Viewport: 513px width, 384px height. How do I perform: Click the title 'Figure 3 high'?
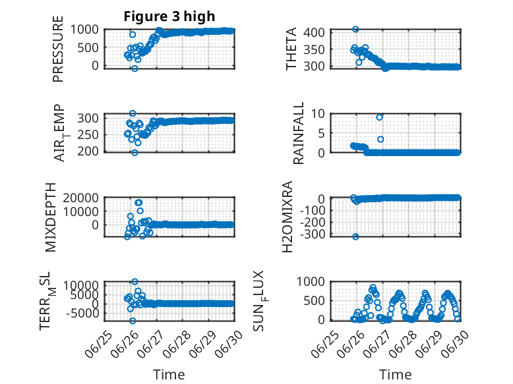pyautogui.click(x=169, y=16)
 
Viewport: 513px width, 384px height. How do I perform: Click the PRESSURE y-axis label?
pyautogui.click(x=57, y=49)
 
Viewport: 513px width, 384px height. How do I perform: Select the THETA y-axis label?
pyautogui.click(x=291, y=49)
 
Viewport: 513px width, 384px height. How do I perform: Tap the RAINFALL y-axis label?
pyautogui.click(x=299, y=133)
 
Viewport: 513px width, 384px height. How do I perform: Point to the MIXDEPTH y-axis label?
pyautogui.click(x=51, y=217)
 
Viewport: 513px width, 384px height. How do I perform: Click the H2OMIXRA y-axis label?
pyautogui.click(x=287, y=217)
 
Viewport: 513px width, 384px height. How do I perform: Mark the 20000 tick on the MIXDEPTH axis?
pyautogui.click(x=81, y=198)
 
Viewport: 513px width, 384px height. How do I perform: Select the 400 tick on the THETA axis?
pyautogui.click(x=314, y=32)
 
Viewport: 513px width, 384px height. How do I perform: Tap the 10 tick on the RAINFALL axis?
pyautogui.click(x=318, y=114)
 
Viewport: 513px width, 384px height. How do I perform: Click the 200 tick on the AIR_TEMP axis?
pyautogui.click(x=88, y=151)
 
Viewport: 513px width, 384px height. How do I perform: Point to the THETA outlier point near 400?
pyautogui.click(x=355, y=30)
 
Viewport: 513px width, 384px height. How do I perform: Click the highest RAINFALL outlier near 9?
pyautogui.click(x=379, y=117)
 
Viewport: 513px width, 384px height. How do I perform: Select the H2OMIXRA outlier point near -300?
pyautogui.click(x=355, y=236)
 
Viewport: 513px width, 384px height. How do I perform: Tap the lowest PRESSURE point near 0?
pyautogui.click(x=135, y=69)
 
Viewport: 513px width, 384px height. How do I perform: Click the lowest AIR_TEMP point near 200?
pyautogui.click(x=135, y=153)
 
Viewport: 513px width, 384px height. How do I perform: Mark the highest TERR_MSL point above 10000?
pyautogui.click(x=135, y=281)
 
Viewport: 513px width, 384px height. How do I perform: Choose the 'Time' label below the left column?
pyautogui.click(x=169, y=375)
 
